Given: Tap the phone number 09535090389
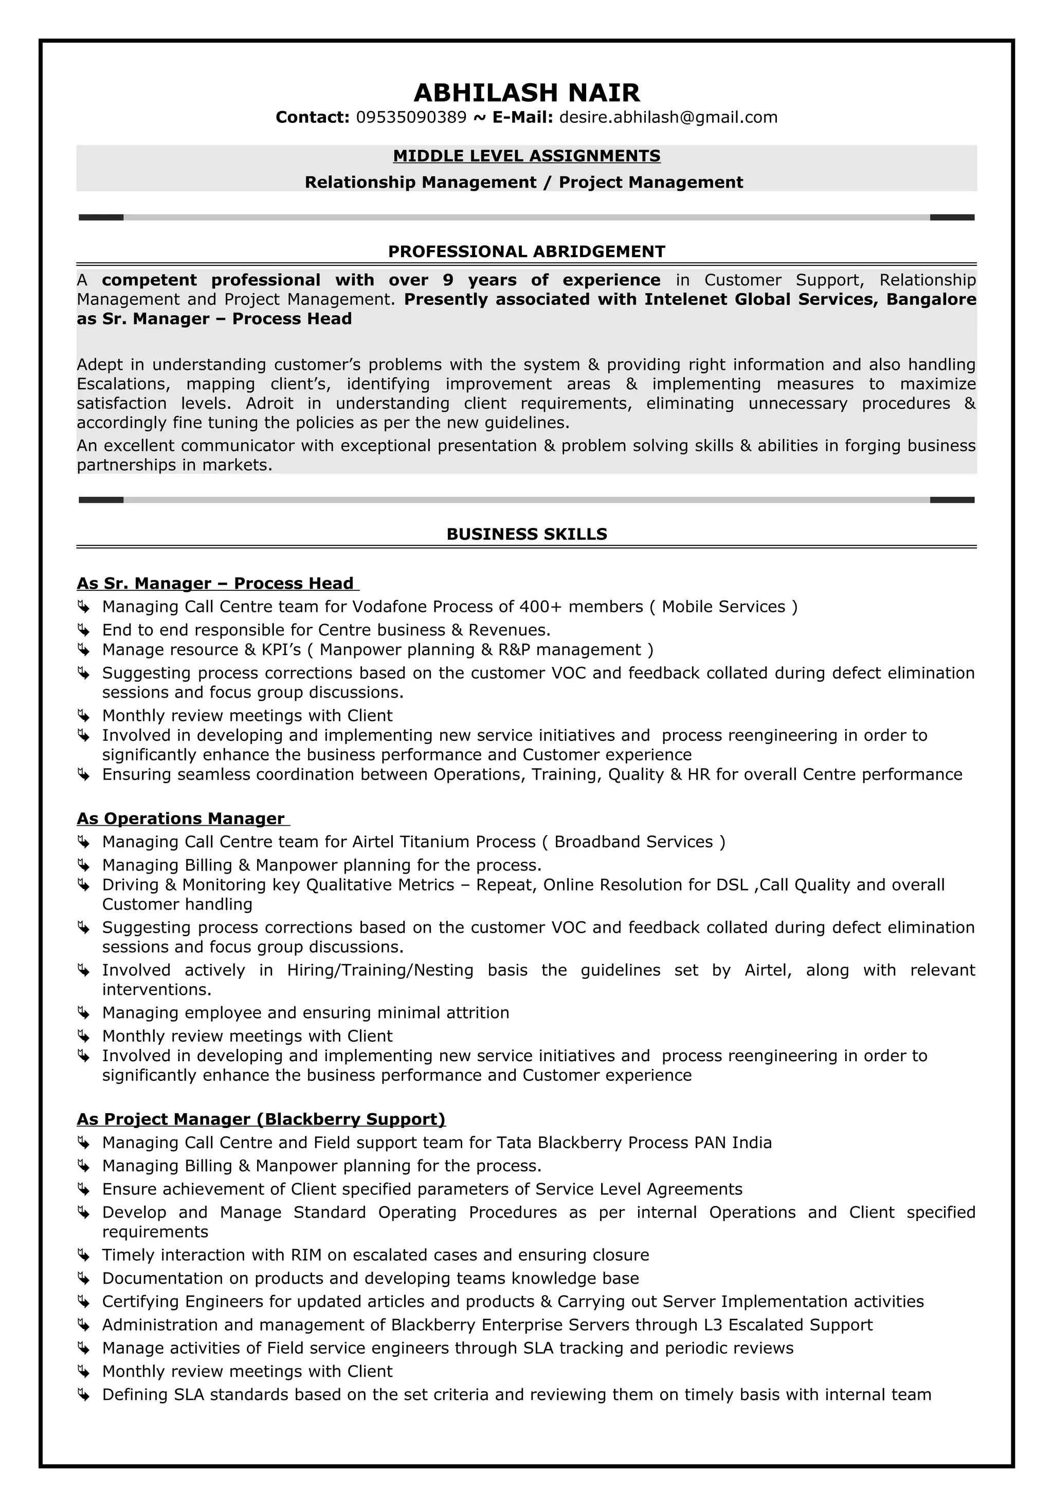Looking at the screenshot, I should (411, 117).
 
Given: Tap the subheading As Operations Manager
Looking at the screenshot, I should (181, 819).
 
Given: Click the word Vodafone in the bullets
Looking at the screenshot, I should (390, 607).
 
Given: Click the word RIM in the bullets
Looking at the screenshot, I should (306, 1255).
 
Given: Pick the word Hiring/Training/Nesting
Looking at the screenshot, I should (380, 970).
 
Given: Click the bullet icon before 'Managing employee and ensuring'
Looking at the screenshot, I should (83, 1012).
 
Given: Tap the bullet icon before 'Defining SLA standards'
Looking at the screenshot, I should (83, 1394).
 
